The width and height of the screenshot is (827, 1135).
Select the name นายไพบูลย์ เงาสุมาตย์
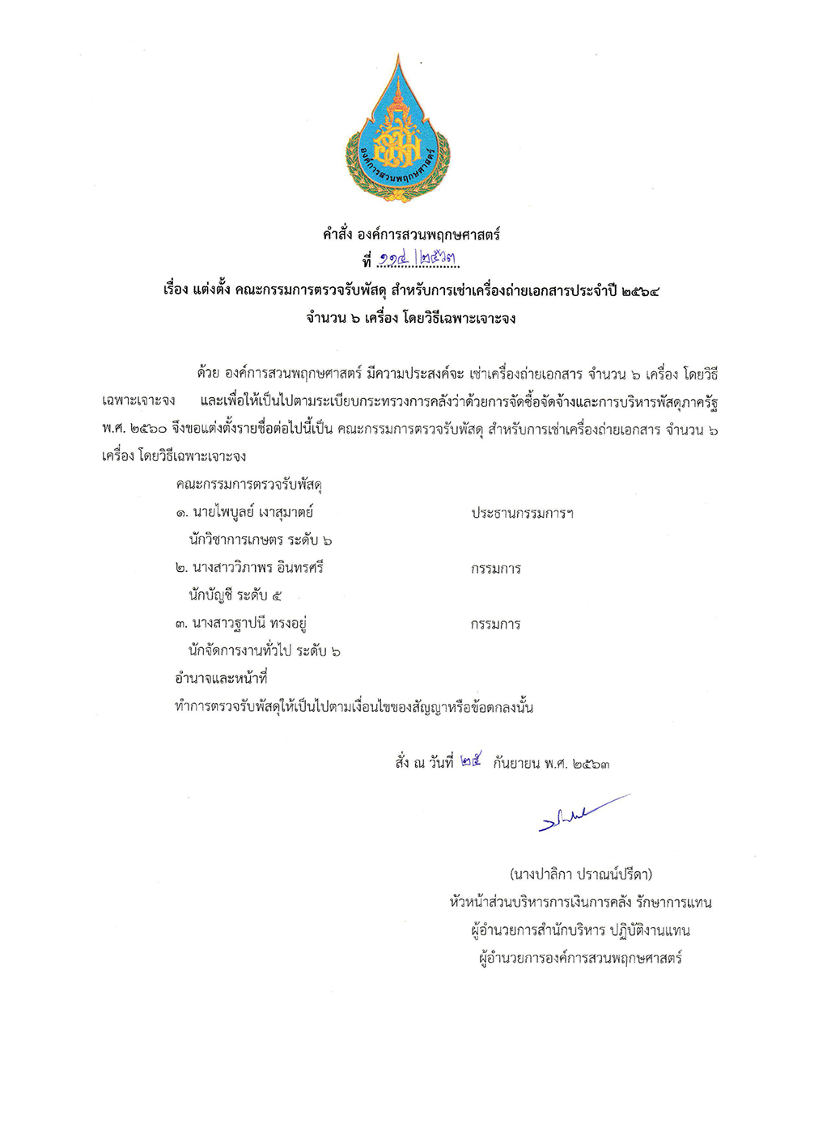252,512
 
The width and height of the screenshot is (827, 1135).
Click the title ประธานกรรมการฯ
522,513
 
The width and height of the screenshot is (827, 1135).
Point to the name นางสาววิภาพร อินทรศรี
257,568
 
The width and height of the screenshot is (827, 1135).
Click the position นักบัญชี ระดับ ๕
235,595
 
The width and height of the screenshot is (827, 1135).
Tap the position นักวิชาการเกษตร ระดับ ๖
260,540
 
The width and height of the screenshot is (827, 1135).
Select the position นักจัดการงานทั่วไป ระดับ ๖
264,650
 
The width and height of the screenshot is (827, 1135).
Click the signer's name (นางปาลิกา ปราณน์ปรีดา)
580,874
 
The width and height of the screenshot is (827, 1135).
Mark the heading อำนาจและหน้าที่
221,678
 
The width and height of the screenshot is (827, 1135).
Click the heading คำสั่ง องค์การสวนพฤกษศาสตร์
411,235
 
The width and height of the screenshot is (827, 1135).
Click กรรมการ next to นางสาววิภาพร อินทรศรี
495,569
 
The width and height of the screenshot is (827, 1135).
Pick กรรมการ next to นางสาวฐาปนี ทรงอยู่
495,624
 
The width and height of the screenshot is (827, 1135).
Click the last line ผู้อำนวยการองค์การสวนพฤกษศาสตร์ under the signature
580,959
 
